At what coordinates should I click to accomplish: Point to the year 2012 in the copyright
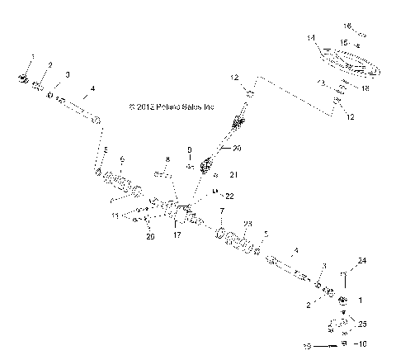coord(150,107)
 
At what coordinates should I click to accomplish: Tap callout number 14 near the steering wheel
coord(311,38)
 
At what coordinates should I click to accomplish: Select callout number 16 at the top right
coord(347,26)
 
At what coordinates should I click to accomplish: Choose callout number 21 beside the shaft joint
coord(233,175)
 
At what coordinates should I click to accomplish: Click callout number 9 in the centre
coord(189,150)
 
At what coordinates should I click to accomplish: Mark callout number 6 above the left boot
coord(121,159)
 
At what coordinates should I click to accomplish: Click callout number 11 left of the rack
coord(114,214)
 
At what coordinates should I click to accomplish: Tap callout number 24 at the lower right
coord(361,262)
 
